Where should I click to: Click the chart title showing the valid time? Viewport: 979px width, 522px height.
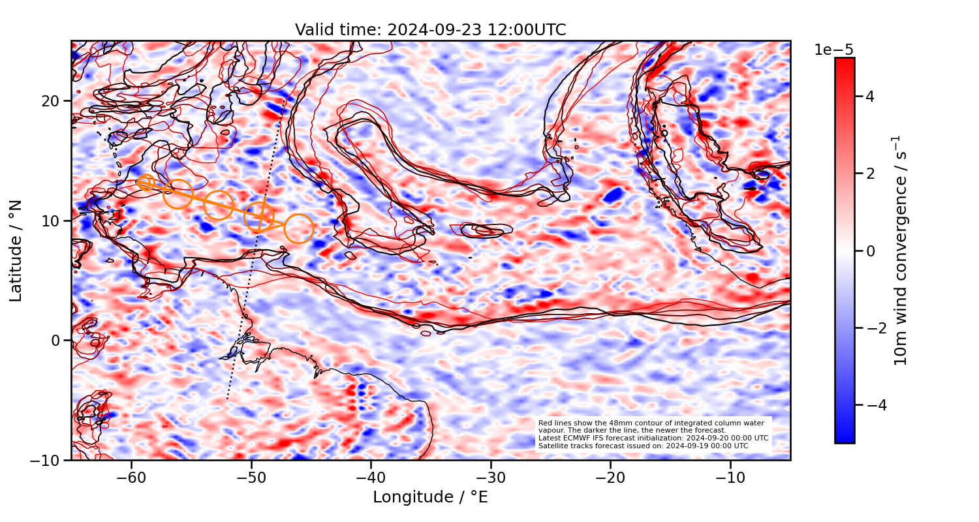point(430,30)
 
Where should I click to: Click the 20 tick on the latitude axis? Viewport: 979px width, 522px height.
point(52,101)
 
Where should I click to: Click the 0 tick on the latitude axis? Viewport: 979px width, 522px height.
point(56,341)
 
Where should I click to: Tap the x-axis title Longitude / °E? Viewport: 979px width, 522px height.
point(430,497)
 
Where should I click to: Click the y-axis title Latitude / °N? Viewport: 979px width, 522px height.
point(16,251)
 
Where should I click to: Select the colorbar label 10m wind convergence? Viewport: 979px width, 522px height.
point(901,251)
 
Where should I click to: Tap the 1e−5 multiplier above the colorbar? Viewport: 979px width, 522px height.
point(833,50)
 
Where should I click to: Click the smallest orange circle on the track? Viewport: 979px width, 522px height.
point(146,182)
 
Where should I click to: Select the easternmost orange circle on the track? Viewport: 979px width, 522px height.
point(299,228)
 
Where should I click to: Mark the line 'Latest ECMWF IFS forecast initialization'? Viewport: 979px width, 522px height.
point(653,438)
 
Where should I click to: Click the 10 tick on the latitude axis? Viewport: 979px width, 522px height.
point(52,221)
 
